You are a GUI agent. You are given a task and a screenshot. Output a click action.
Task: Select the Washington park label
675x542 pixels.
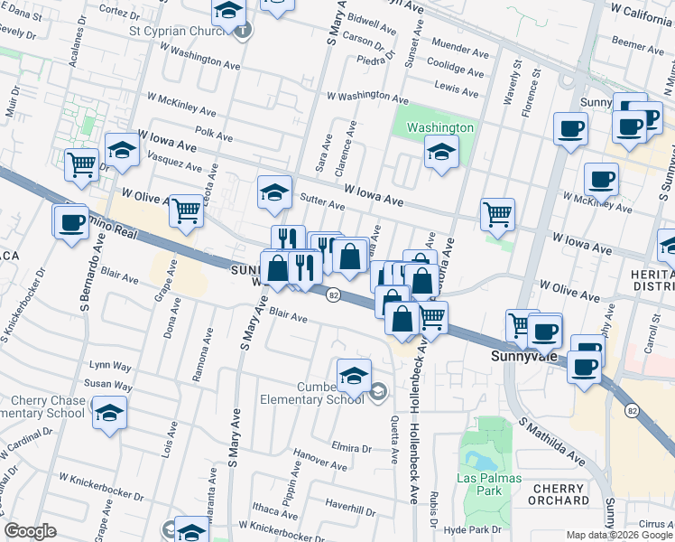tap(439, 127)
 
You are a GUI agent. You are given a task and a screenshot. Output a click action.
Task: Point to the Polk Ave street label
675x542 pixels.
tap(214, 135)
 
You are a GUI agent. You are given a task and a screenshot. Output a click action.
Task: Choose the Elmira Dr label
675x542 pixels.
tap(352, 447)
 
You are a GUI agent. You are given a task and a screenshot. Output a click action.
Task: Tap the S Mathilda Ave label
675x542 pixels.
tap(550, 440)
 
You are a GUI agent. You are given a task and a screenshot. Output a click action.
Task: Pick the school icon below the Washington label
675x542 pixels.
tap(439, 153)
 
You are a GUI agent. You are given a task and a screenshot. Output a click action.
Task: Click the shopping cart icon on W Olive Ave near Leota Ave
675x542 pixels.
tap(186, 210)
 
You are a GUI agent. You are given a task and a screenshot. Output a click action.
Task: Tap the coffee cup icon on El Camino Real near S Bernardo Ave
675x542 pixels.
tap(71, 223)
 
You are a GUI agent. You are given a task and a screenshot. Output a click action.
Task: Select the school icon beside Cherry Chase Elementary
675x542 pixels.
tap(110, 414)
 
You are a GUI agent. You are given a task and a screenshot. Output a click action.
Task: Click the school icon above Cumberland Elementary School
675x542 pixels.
tap(354, 376)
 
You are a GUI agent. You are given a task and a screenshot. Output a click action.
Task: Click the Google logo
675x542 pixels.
tap(30, 531)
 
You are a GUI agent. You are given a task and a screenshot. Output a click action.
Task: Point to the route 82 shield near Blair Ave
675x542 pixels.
tap(333, 295)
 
